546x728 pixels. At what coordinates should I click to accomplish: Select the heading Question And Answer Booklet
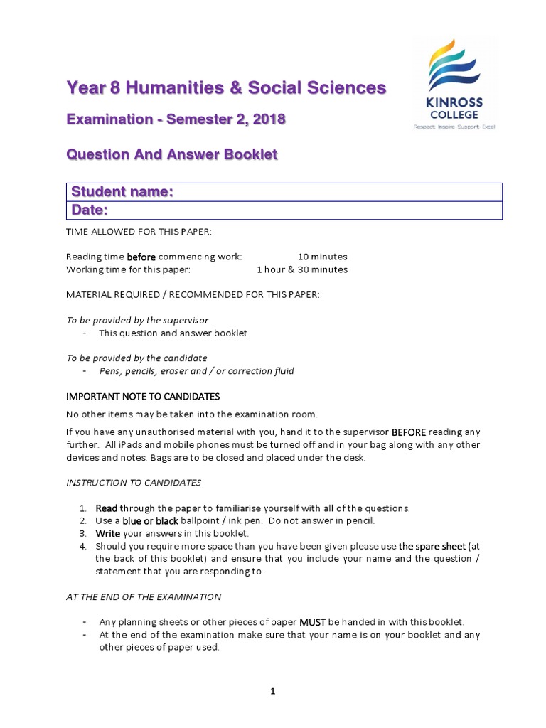coord(171,154)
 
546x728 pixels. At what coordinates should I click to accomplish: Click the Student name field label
coord(122,192)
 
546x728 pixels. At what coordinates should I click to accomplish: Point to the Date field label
coord(89,210)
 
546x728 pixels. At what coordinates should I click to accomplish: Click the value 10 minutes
coord(323,257)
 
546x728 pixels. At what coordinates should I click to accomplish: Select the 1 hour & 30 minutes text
coord(302,269)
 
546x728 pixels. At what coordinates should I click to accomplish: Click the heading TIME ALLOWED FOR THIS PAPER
coord(139,232)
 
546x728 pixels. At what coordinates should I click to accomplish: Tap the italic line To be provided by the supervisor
coord(137,321)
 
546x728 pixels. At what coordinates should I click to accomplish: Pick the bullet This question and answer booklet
coord(173,333)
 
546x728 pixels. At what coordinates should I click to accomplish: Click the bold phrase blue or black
coord(150,521)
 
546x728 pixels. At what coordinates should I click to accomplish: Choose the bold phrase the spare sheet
coord(432,547)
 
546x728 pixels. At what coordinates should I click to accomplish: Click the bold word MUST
coord(312,622)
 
